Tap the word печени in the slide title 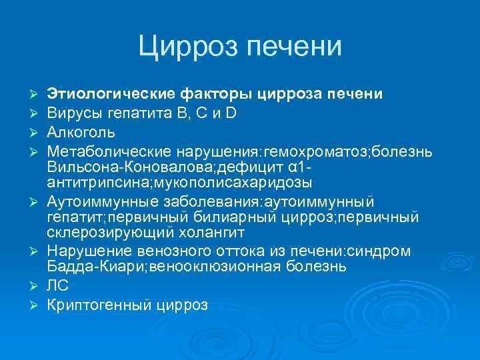pos(294,47)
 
